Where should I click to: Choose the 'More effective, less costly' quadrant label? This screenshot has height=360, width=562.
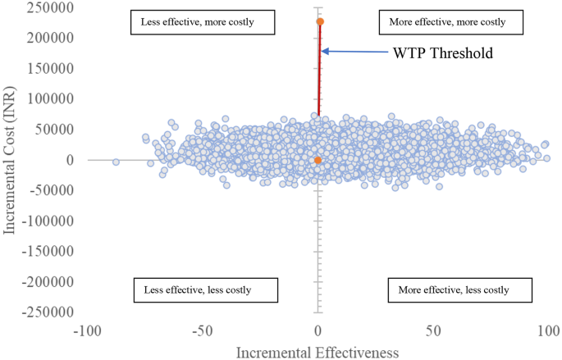point(453,289)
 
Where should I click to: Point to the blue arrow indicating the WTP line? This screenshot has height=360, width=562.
point(353,52)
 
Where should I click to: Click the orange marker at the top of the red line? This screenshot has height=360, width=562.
point(320,21)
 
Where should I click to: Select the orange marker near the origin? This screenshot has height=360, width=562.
point(318,161)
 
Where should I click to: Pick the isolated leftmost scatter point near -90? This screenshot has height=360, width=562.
point(116,162)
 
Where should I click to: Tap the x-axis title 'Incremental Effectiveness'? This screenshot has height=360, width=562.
point(318,352)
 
